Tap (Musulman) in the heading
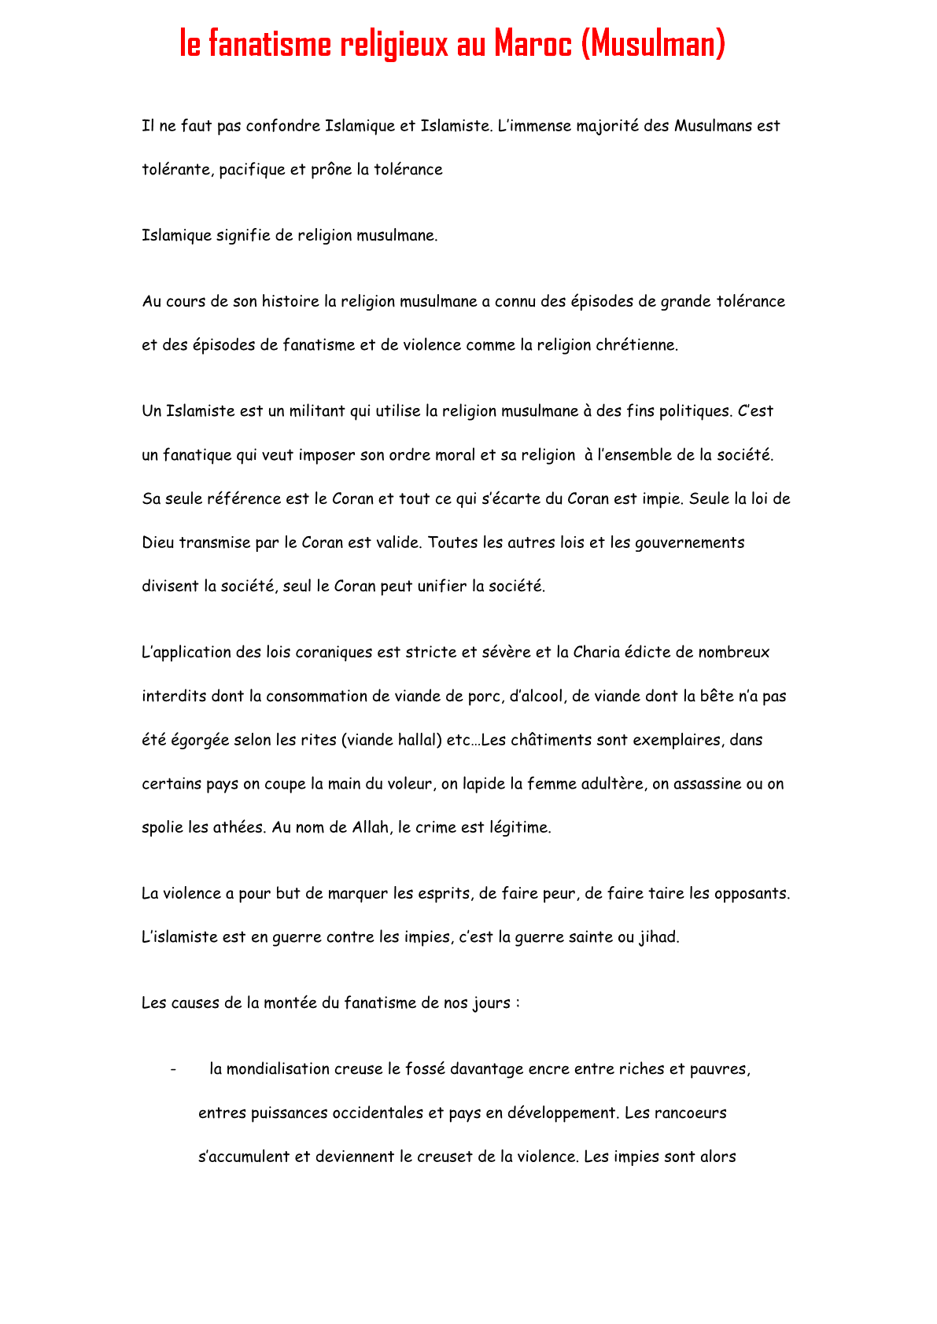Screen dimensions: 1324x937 pos(652,44)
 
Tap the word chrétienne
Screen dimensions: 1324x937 pos(636,345)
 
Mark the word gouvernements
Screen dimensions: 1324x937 pos(688,543)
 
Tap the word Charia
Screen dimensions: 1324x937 pos(597,653)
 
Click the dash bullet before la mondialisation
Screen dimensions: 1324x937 pos(172,1069)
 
